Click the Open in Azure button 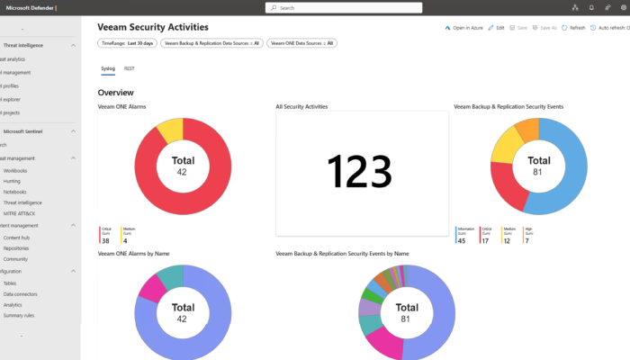point(464,28)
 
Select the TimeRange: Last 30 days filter point(127,42)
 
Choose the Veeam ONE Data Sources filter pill point(301,42)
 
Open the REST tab point(129,67)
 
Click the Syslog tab point(108,67)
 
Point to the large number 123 point(359,171)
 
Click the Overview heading point(116,93)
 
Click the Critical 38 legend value point(105,240)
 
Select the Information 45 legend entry point(461,240)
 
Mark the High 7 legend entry point(528,240)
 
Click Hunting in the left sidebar point(13,181)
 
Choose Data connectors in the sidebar point(19,293)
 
